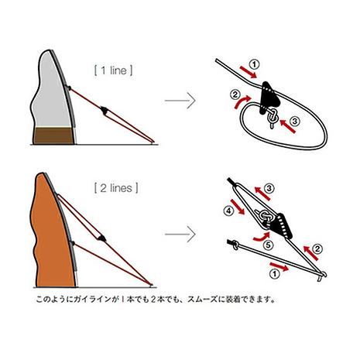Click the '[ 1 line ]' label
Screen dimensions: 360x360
114,70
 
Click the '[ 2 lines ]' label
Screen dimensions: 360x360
116,188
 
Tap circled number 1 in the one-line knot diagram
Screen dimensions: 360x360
254,64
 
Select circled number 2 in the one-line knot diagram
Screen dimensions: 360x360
235,94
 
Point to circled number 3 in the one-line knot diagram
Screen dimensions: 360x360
295,121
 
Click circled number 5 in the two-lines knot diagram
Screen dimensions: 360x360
268,245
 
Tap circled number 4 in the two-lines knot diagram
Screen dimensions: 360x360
228,211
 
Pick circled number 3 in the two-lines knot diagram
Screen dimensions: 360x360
269,189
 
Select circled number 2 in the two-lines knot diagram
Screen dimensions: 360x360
317,249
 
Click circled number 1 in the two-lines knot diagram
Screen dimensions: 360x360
275,274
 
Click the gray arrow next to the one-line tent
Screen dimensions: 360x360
180,101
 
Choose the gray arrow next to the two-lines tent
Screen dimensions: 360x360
180,235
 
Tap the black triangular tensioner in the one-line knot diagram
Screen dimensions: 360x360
269,98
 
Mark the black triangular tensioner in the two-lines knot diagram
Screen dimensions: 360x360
282,226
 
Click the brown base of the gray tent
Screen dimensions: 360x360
53,135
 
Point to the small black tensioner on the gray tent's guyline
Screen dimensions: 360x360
105,110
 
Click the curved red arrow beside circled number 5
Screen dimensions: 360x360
262,237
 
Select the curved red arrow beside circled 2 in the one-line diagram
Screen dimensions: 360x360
242,102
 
